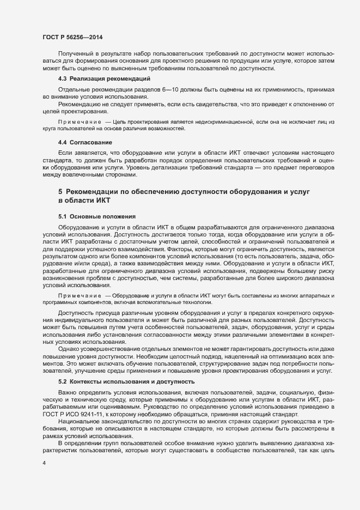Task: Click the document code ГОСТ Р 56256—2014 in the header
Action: coord(72,37)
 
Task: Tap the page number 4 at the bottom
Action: coord(44,462)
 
